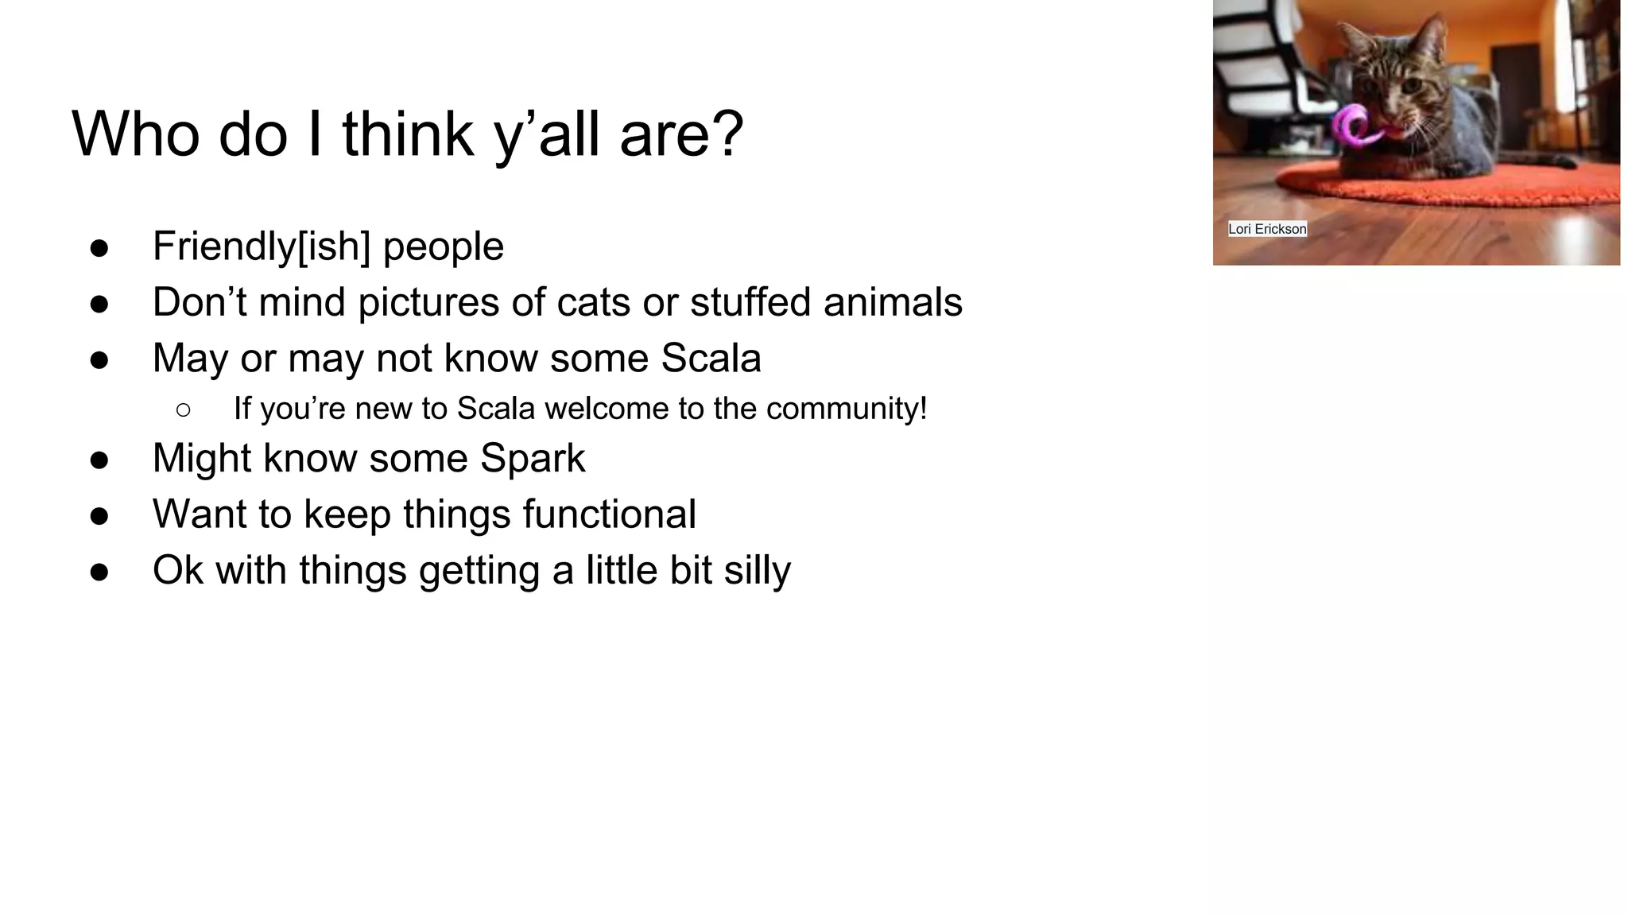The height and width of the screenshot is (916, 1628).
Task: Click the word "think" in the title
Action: tap(408, 134)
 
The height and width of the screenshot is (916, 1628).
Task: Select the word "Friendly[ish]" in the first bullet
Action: tap(262, 246)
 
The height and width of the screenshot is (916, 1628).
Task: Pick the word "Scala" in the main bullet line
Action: tap(711, 359)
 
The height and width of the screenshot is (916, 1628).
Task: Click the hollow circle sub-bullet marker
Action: tap(184, 410)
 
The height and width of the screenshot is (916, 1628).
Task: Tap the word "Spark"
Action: tap(532, 459)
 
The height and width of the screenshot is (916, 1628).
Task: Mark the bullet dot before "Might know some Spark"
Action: tap(99, 460)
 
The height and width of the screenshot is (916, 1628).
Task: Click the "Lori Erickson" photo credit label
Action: tap(1267, 229)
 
